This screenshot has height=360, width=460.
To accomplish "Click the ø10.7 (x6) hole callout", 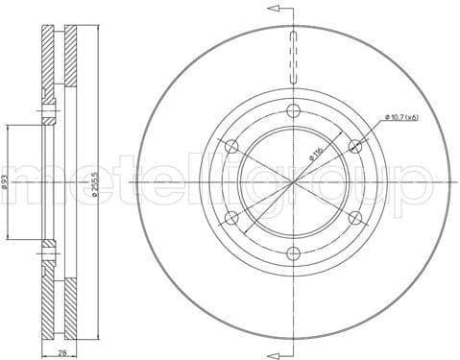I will coord(402,117).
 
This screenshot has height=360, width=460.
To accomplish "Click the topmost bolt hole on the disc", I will coord(293,108).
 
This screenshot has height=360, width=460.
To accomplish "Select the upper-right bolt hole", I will coord(355,145).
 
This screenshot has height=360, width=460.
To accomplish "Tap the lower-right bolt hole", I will coord(355,217).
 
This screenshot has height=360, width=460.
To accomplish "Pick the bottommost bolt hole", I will coord(293,252).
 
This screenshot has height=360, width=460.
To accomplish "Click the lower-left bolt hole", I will coord(230,217).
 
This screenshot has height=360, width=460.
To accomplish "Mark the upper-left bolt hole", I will coord(230,145).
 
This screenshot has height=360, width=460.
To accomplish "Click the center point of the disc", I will coord(293,180).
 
